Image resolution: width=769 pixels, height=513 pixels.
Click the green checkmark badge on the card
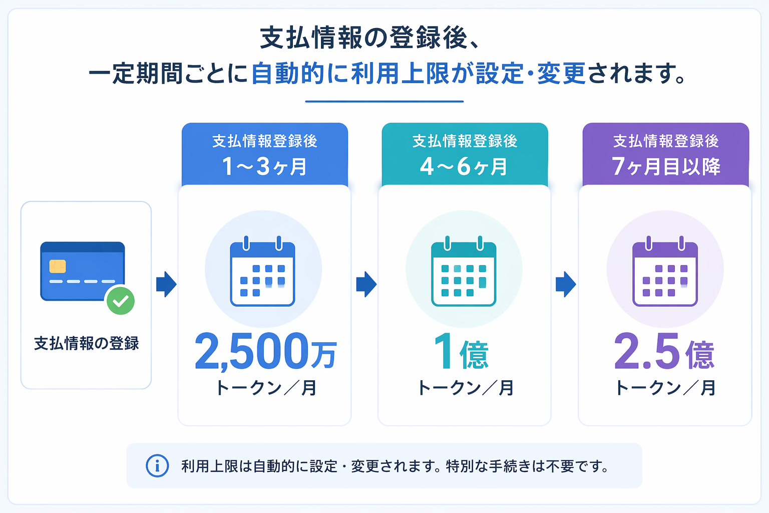point(121,301)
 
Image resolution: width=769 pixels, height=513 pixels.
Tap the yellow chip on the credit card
point(58,267)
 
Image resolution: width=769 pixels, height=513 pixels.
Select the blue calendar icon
point(263,271)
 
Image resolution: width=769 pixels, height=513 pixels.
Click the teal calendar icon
point(464,271)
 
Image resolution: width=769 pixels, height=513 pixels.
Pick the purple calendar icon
point(665,271)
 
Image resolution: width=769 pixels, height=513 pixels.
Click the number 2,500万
point(266,352)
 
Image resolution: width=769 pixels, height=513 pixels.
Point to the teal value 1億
point(461,352)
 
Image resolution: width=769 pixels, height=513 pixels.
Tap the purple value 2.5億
point(664,352)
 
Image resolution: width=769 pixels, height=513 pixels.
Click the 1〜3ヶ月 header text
point(264,166)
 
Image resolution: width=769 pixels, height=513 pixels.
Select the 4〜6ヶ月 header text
point(464,166)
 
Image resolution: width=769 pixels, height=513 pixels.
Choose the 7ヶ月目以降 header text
point(666,166)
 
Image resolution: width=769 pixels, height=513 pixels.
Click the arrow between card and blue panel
point(167,284)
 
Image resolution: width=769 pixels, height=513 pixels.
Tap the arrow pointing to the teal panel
point(366,284)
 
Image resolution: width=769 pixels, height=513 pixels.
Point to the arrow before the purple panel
point(566,284)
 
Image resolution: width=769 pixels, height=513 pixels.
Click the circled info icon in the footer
point(157,466)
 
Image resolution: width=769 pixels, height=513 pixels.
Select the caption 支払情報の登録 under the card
point(86,343)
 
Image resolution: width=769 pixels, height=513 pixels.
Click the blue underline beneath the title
point(384,101)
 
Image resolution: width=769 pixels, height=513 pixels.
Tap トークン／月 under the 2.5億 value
point(665,388)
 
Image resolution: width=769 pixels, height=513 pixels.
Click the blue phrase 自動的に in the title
point(300,73)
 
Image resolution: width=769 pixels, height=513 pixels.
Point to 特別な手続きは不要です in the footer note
point(527,466)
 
